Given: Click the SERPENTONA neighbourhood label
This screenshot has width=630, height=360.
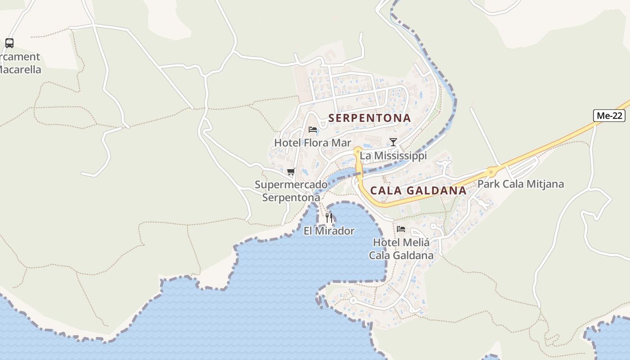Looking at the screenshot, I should coord(369,118).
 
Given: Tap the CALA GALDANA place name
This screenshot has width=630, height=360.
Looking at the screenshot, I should coord(418,190).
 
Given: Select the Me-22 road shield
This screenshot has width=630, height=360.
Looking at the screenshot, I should coord(609,116).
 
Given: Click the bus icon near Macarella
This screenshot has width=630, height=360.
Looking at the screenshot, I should coord(9,43).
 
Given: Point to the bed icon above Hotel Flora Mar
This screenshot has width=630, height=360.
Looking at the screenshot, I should coord(313,130).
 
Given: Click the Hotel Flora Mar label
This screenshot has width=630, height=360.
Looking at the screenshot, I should coord(312,143).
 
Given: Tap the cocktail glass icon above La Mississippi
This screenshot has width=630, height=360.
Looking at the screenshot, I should coord(393,142).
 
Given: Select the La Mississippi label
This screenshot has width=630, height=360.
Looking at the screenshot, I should coord(393,156).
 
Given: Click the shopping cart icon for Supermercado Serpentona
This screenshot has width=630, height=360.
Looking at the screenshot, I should coord(291,171).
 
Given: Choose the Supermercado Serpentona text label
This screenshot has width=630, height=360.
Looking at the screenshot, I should coord(291,191).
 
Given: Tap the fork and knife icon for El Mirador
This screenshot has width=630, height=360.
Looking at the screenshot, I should coord(329,218).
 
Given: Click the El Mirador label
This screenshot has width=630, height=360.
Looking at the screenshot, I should coord(329,231).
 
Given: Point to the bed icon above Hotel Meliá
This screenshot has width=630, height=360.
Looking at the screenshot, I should coord(401,229).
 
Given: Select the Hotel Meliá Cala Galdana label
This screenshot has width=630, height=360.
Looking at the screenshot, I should coord(401,249).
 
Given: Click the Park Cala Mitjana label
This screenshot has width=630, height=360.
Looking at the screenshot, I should coord(520,184).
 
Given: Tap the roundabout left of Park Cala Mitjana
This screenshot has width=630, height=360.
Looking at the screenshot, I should coord(491,171).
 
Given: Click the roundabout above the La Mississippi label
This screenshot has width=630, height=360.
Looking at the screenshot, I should coord(358,150).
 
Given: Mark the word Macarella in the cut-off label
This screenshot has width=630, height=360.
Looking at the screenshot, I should coord(20,70).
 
